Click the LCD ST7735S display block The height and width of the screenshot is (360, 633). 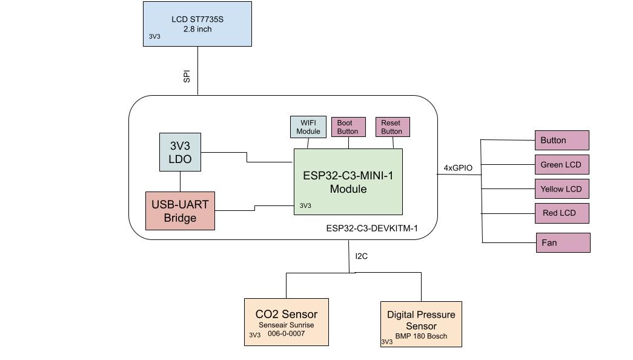(197, 24)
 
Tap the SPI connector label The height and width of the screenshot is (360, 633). (187, 76)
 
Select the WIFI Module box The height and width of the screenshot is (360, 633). (308, 127)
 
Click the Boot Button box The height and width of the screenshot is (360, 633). (348, 127)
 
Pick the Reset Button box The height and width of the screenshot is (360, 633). (391, 127)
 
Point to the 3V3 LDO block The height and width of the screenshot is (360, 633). (180, 152)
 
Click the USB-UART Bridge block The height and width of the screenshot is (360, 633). (180, 211)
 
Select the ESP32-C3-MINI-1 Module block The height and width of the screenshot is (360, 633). (348, 182)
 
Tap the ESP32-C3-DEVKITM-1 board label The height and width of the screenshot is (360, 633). (371, 228)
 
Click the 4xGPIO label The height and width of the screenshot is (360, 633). (458, 168)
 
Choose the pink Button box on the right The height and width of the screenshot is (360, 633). (562, 140)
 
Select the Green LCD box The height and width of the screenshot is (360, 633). (562, 165)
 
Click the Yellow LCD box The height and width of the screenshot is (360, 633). (562, 189)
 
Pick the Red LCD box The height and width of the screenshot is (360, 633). (562, 213)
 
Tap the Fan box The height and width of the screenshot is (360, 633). (563, 242)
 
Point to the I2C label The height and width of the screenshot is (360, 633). (361, 256)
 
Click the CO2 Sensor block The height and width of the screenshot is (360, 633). (286, 322)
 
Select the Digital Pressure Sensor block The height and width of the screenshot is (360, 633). (421, 324)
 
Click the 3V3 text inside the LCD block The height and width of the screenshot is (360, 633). (154, 37)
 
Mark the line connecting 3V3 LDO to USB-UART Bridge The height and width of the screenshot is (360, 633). (180, 181)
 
